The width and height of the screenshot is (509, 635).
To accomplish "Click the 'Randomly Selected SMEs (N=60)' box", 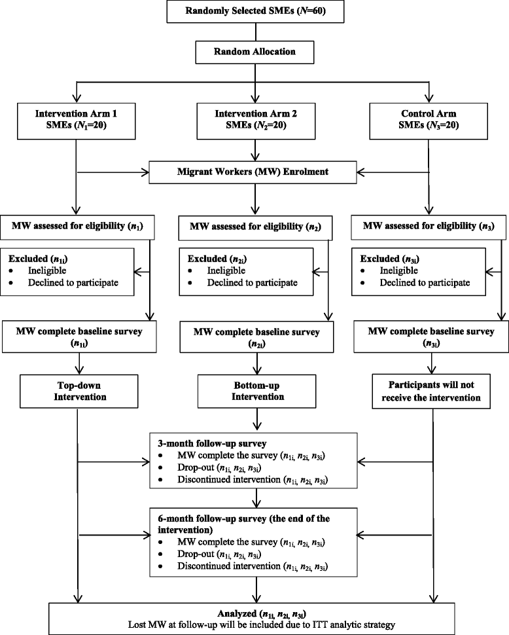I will pyautogui.click(x=254, y=12).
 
